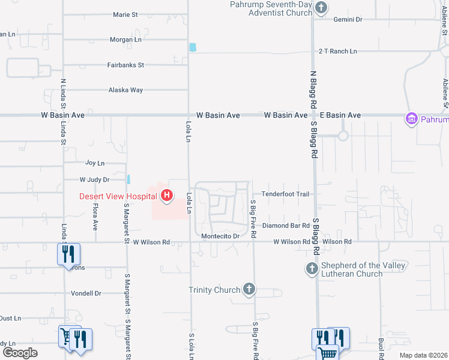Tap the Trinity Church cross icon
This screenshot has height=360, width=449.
click(249, 290)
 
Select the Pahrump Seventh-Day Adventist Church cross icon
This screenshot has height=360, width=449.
click(321, 8)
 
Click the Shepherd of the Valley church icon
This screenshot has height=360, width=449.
click(312, 269)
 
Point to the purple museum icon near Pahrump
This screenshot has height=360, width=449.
click(412, 119)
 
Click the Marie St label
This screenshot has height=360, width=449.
click(126, 15)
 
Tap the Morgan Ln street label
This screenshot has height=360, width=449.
click(125, 40)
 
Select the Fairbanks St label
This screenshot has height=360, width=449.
click(125, 65)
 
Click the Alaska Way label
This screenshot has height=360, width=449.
click(125, 90)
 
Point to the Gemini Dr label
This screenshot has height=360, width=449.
click(348, 20)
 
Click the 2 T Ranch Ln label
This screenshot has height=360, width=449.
click(337, 52)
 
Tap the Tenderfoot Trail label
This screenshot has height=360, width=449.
click(286, 194)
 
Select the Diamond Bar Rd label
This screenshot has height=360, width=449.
click(285, 226)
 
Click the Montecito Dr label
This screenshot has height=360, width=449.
click(220, 236)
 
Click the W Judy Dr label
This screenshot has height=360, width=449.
click(95, 179)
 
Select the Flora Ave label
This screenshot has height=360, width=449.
click(95, 217)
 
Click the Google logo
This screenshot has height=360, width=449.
click(19, 353)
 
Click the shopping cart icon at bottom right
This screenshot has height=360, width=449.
click(327, 353)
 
